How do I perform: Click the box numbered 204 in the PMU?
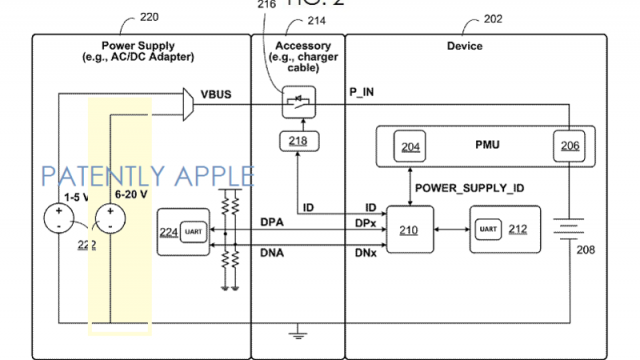[409, 146]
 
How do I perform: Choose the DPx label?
[364, 220]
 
